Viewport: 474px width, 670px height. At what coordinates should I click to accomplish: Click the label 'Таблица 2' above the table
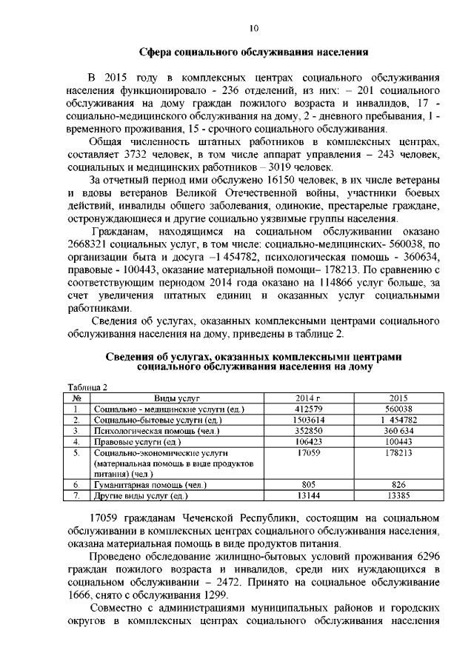(87, 387)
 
